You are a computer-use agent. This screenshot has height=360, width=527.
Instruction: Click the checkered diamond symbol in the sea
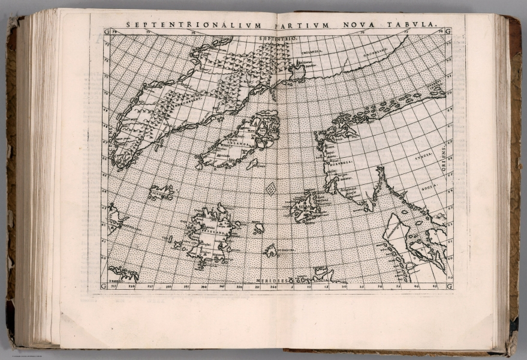271,189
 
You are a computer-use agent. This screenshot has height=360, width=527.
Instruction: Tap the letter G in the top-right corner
448,31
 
